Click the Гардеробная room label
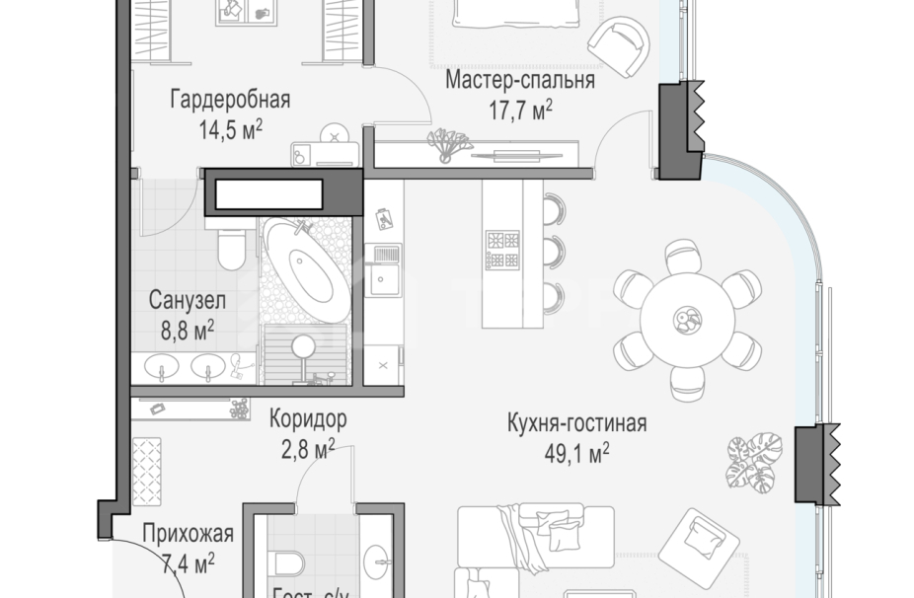[229, 100]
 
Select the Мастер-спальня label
[519, 81]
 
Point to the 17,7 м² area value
[521, 110]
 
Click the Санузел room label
[189, 299]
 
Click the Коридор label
[308, 419]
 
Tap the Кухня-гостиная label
[575, 424]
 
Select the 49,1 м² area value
[577, 453]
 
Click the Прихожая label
[188, 535]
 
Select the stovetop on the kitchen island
[501, 249]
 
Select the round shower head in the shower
[305, 345]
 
